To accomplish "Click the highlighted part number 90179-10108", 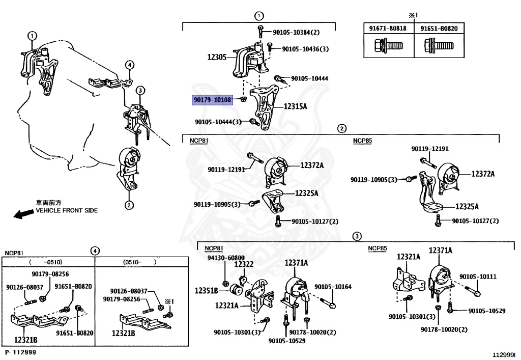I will click(212, 100).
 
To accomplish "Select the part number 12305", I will click(217, 58).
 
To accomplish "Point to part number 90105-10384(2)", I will click(296, 32).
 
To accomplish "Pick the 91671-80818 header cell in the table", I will click(388, 29).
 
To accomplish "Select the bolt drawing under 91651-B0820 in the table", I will click(439, 47).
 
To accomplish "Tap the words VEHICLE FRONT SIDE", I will click(67, 210).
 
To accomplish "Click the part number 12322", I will click(243, 264).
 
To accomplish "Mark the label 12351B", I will click(207, 291).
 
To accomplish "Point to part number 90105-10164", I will click(333, 287).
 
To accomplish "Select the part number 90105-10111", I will click(478, 276).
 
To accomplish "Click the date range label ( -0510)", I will click(46, 262).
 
